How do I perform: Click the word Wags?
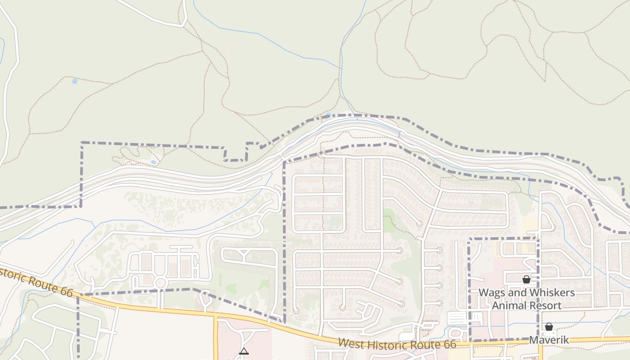coord(491,292)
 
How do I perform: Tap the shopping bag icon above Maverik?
coord(549,327)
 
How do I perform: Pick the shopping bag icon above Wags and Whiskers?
coord(526,279)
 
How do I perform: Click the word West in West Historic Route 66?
coord(351,343)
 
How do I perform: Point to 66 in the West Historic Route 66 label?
coord(448,345)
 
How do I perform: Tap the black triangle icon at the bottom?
coord(243,351)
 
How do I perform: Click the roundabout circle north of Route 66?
coord(160,283)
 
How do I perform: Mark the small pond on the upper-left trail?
coord(75,81)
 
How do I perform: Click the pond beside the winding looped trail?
coord(154,162)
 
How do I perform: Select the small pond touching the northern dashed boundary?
coord(328,115)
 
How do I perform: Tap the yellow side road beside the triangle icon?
coord(216,337)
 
